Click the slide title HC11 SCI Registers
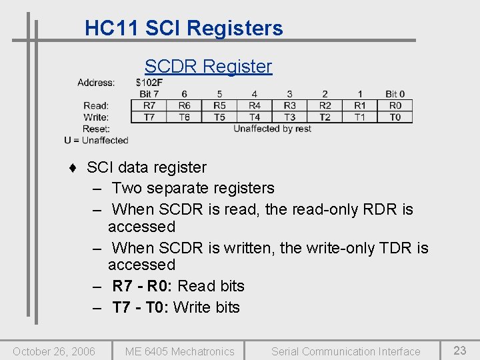[184, 28]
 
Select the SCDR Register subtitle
[208, 66]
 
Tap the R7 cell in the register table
[149, 105]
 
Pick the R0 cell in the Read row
[395, 105]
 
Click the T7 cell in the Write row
[149, 117]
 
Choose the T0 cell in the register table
[395, 117]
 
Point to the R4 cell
[255, 105]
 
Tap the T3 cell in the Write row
[289, 117]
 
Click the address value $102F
[149, 83]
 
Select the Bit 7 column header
[149, 94]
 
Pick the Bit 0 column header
[395, 94]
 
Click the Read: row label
[96, 105]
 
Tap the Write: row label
[96, 117]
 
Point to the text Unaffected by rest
[272, 129]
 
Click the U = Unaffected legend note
[96, 140]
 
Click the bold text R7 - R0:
[143, 286]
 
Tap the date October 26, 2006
[54, 351]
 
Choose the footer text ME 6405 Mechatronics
[180, 351]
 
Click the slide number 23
[460, 351]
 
